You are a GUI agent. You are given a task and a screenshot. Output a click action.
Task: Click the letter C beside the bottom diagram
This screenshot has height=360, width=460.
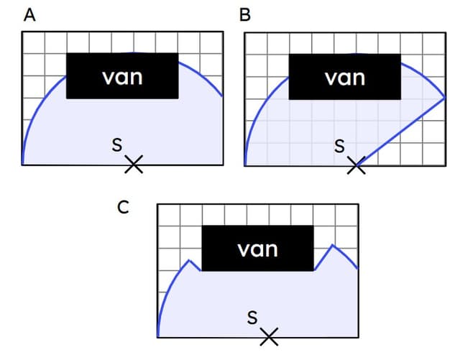[124, 208]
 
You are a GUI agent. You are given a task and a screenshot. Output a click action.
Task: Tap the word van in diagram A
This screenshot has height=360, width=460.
[122, 76]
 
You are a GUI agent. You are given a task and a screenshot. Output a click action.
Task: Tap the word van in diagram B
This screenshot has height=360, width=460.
[345, 76]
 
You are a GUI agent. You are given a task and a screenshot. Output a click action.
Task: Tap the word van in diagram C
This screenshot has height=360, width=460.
[257, 249]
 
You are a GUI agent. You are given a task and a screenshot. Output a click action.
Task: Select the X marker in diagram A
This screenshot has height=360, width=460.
[133, 165]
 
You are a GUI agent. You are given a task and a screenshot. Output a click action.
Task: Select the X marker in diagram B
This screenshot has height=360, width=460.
[356, 165]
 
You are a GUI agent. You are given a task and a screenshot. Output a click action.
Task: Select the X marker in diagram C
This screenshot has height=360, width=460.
[269, 336]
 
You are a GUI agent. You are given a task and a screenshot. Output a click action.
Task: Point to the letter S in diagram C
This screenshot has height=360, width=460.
[252, 317]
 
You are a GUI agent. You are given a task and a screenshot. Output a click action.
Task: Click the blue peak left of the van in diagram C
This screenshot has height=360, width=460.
[190, 260]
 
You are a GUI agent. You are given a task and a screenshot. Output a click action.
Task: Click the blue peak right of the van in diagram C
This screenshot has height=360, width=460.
[332, 246]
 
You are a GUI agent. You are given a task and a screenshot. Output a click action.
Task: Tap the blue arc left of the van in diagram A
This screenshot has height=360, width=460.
[43, 101]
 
